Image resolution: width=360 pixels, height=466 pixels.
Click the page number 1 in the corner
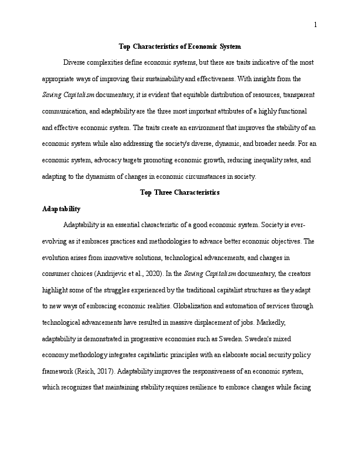coord(316,25)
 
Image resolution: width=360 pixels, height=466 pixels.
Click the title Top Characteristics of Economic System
coord(180,46)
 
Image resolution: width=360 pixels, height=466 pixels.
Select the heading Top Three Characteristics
coord(180,192)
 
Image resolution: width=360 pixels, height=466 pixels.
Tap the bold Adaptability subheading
coord(62,209)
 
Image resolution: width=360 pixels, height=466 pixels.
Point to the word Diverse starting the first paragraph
coord(75,62)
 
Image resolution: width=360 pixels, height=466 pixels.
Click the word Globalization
coord(188,307)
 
